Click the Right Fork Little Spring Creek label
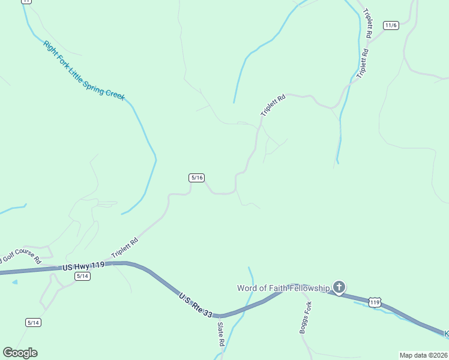[x=83, y=70]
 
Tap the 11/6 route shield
[x=391, y=25]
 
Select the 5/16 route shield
[x=197, y=178]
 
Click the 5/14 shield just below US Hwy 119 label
[x=83, y=276]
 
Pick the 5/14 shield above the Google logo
[x=33, y=323]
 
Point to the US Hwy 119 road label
[x=83, y=265]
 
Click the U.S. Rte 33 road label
[x=196, y=305]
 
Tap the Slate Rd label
[x=221, y=334]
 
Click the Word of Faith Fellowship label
[x=283, y=288]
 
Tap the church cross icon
[x=339, y=288]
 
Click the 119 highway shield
[x=375, y=303]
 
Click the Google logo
[x=20, y=353]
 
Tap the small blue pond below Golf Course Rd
[x=14, y=281]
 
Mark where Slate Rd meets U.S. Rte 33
[x=220, y=316]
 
